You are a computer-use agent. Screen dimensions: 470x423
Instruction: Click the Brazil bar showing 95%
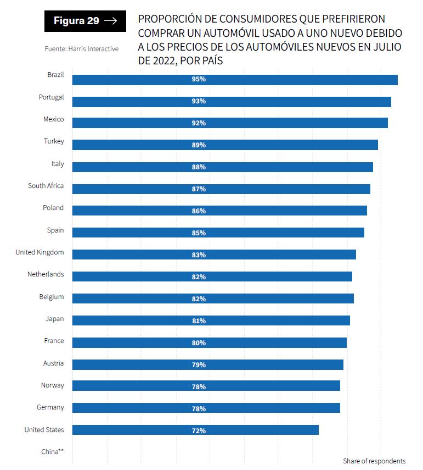tap(235, 80)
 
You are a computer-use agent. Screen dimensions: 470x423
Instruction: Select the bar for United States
tap(195, 430)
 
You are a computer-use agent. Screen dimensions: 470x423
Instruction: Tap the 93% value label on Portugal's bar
tap(199, 102)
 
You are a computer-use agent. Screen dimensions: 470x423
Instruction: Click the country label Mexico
tap(54, 119)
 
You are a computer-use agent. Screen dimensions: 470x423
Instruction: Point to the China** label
tap(53, 451)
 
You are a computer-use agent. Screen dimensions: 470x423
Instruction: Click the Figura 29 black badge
tap(85, 21)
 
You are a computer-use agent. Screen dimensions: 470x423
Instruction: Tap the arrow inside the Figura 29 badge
tap(110, 21)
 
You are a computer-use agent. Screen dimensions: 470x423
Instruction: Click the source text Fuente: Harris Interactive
tap(82, 49)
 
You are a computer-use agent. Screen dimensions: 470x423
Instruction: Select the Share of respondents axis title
tap(374, 461)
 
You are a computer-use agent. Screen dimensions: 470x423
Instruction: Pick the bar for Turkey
tap(225, 145)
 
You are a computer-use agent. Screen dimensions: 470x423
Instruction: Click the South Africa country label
tap(46, 186)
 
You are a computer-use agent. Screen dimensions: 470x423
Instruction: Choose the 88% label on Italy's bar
tap(199, 167)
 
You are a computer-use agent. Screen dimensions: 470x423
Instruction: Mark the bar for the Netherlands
tap(212, 277)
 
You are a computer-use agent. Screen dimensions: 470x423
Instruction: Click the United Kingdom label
tap(40, 252)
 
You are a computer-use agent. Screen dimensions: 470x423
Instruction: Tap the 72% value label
tap(199, 430)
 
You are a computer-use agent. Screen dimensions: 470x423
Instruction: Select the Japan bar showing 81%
tap(211, 320)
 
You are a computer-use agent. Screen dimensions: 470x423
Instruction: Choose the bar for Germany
tap(206, 408)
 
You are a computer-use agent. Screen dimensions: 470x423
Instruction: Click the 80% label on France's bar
tap(199, 343)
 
